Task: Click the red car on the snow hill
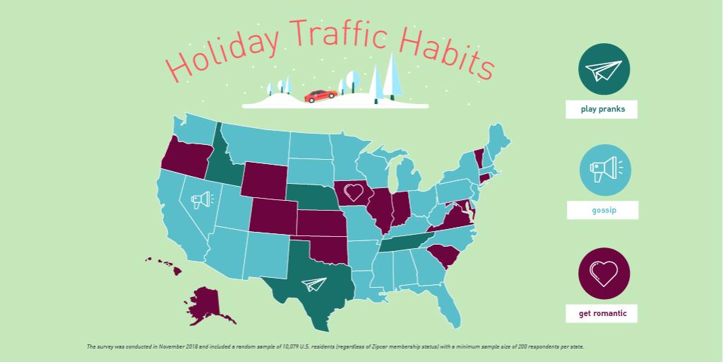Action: click(x=320, y=95)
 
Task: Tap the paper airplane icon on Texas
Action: click(x=313, y=284)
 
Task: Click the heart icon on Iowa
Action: click(x=353, y=192)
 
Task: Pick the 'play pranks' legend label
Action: click(x=602, y=110)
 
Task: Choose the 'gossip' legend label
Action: click(x=602, y=210)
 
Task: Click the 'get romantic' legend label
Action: click(x=602, y=313)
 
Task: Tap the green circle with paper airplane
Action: click(x=604, y=69)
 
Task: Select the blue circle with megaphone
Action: click(x=605, y=170)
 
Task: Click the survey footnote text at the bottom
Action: click(x=335, y=347)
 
